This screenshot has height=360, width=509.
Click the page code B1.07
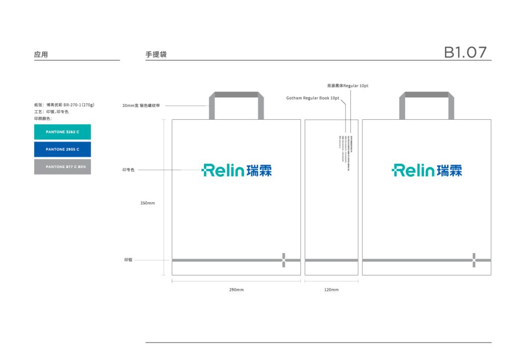[465, 52]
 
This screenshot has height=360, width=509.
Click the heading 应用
[41, 55]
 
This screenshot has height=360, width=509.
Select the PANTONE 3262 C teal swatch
[62, 132]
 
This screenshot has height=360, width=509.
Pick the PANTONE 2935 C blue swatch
[62, 149]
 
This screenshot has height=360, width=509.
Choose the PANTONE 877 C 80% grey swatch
[62, 167]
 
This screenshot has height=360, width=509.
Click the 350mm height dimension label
[148, 203]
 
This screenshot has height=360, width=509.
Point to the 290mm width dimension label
[236, 289]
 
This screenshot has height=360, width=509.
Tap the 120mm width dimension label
[331, 289]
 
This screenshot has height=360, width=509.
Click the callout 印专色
[129, 170]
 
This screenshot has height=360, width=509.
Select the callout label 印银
[128, 260]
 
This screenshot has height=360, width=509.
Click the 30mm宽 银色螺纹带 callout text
[141, 105]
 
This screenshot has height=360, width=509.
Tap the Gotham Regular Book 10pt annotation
[313, 98]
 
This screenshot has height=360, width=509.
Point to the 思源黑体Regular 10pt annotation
[347, 86]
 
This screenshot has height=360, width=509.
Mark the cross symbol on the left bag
[283, 260]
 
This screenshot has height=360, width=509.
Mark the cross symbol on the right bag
[474, 260]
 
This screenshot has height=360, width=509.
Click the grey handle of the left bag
[236, 95]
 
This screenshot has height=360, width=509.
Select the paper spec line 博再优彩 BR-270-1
[64, 105]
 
